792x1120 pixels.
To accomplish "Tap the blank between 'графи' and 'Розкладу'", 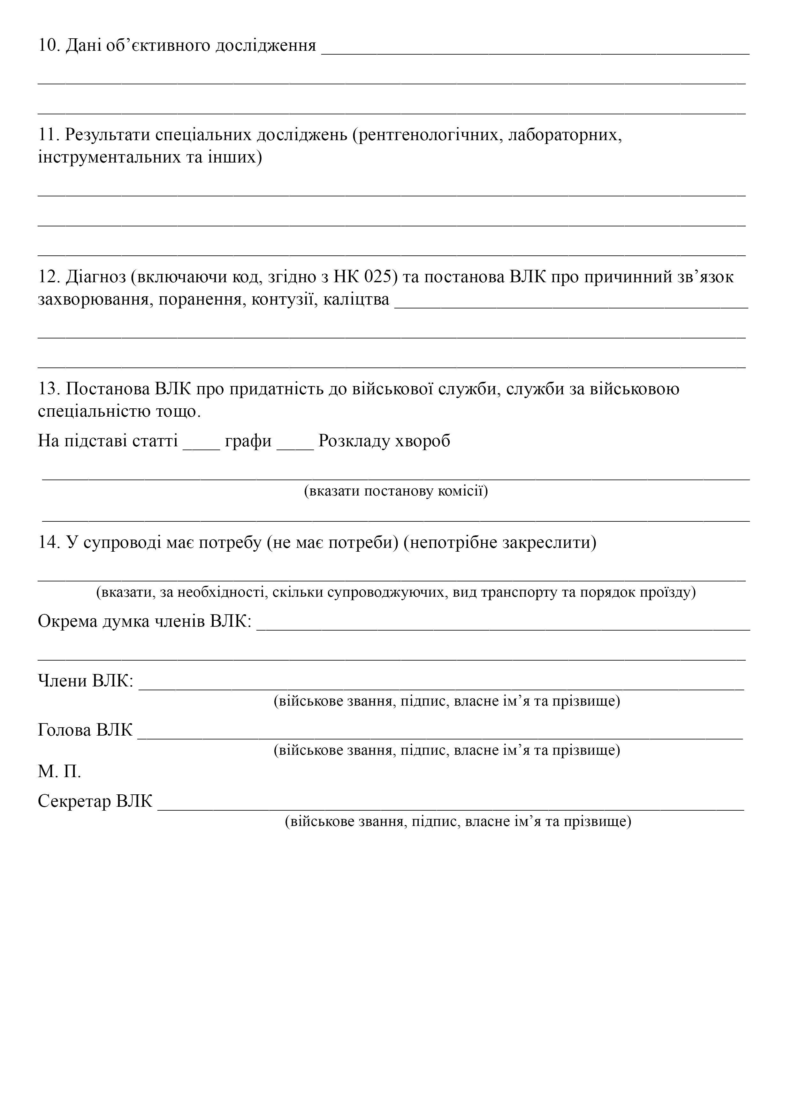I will click(295, 442).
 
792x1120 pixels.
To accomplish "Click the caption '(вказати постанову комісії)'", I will click(396, 491).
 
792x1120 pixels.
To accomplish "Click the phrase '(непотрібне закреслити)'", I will click(500, 542).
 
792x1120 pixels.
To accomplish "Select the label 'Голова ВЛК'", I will click(85, 730).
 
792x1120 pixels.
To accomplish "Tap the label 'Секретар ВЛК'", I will click(95, 801).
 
